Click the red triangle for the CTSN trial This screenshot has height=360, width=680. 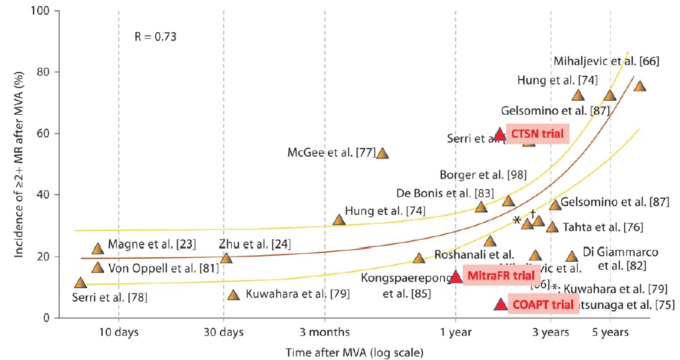(500, 134)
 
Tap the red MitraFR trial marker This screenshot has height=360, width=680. (456, 277)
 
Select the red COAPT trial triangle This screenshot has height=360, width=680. (501, 304)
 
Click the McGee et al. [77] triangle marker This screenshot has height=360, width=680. (382, 153)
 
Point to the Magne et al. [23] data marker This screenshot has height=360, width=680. (97, 249)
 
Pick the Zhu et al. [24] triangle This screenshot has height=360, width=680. (226, 258)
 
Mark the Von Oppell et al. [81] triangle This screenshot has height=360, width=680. (97, 268)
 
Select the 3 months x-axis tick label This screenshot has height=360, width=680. (325, 332)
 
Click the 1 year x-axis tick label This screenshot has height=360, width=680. (456, 332)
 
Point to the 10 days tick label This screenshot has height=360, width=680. (118, 332)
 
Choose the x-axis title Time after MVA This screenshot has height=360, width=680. (354, 351)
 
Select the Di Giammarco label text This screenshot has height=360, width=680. (611, 253)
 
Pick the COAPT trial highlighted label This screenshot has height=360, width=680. (539, 304)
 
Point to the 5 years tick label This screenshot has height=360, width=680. (609, 332)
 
